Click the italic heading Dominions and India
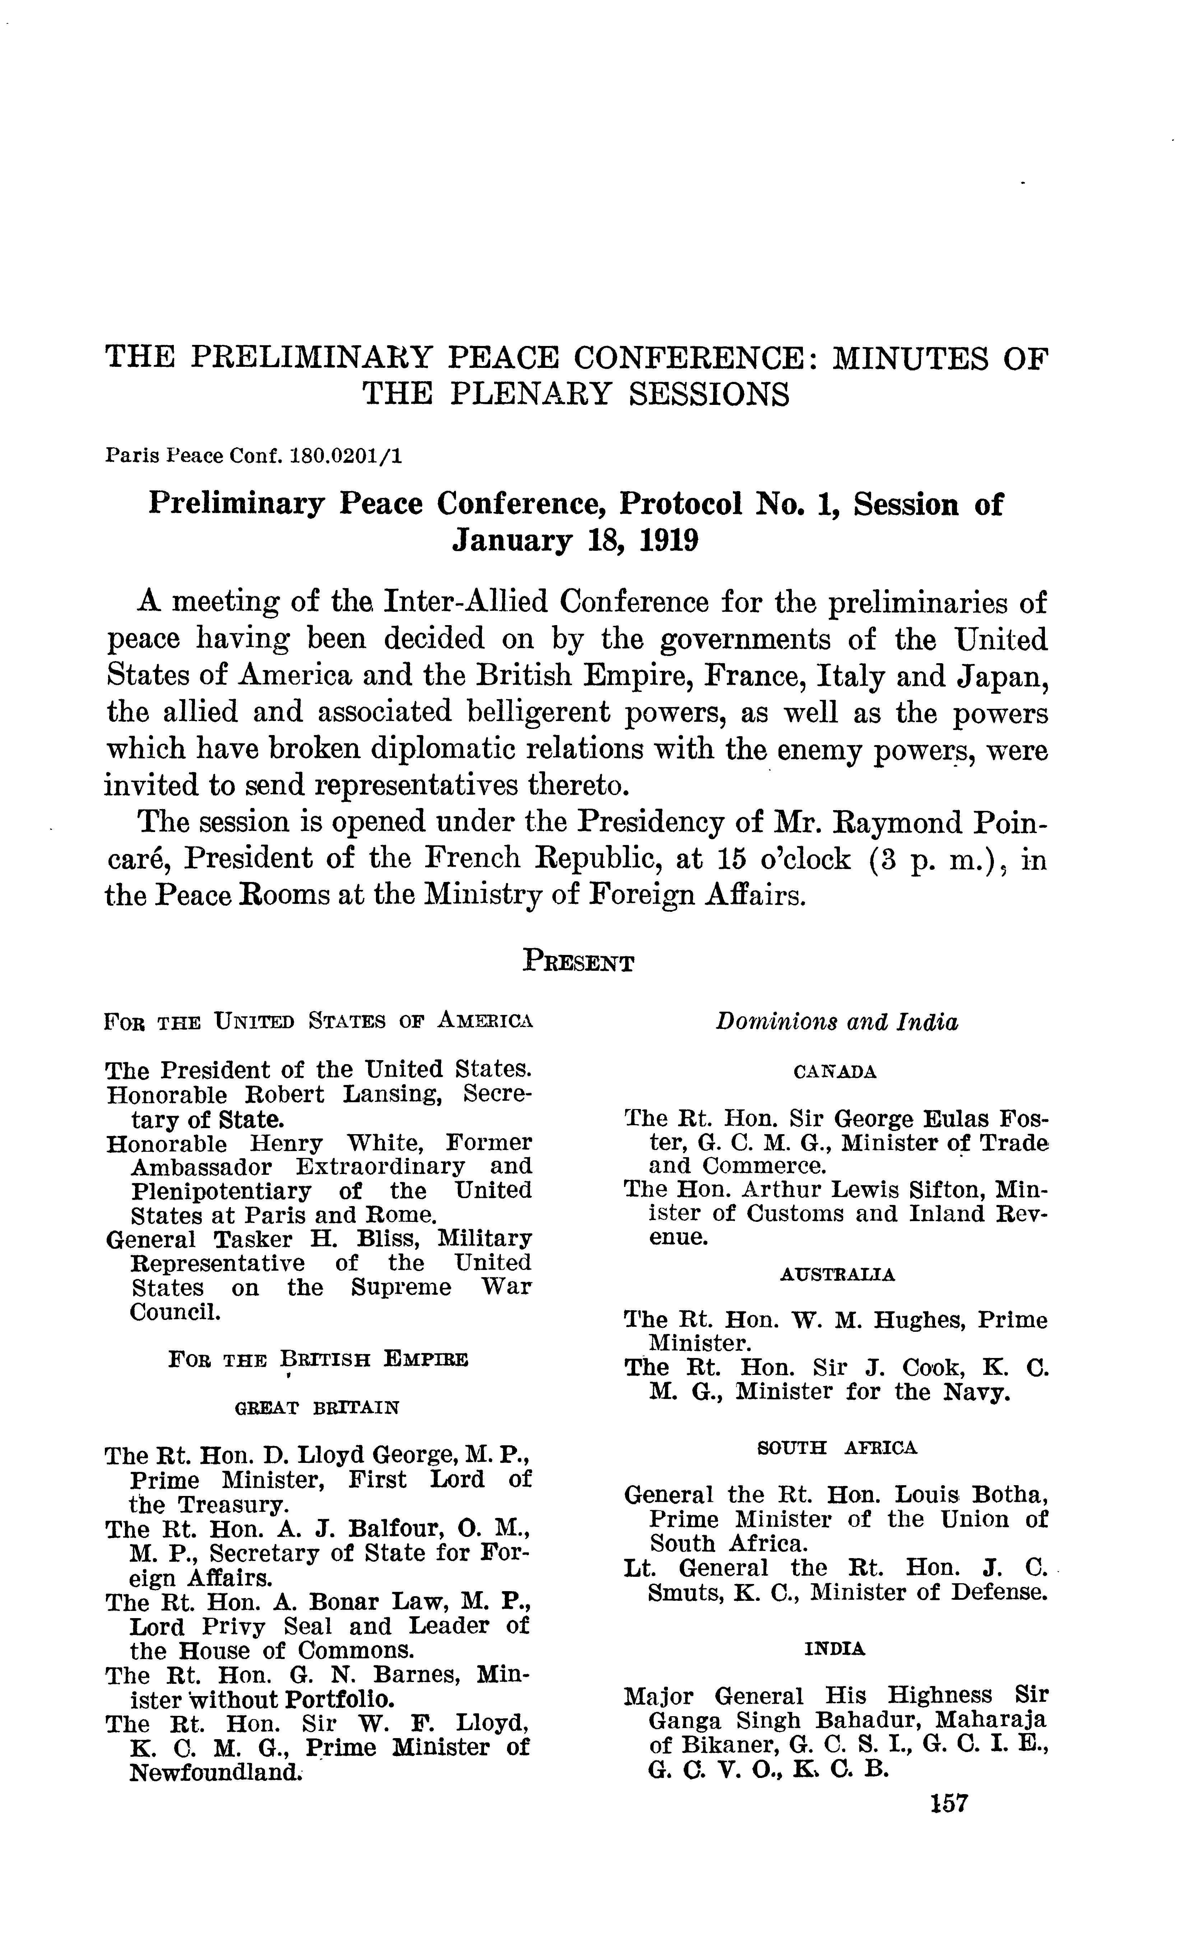click(837, 1023)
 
